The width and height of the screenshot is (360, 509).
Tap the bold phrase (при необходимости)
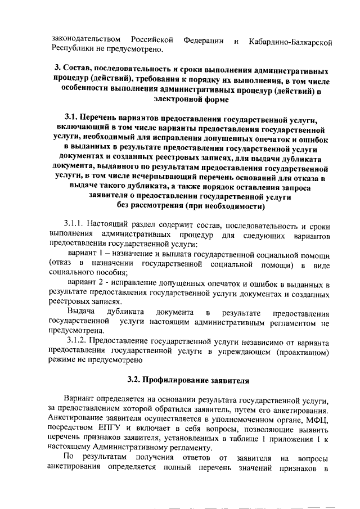tap(227, 206)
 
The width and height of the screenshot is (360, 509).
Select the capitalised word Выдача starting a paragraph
tap(80, 313)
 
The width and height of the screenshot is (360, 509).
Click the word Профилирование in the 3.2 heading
tap(177, 380)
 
